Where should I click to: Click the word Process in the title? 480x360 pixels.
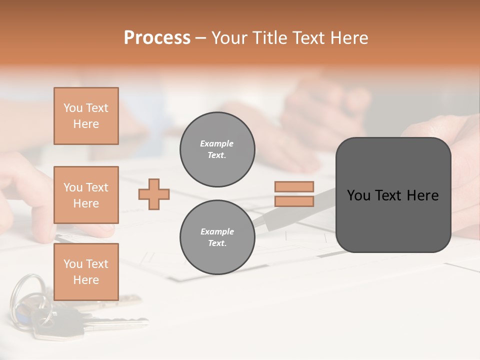pyautogui.click(x=157, y=38)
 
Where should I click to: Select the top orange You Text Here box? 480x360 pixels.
pyautogui.click(x=86, y=116)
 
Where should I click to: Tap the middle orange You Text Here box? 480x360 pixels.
pyautogui.click(x=86, y=195)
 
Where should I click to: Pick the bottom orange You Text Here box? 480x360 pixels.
pyautogui.click(x=86, y=271)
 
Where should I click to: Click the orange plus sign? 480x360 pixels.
pyautogui.click(x=154, y=194)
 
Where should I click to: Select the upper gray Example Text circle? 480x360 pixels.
pyautogui.click(x=217, y=149)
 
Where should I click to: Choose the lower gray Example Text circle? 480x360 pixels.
pyautogui.click(x=217, y=237)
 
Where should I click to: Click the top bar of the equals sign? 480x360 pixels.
pyautogui.click(x=294, y=186)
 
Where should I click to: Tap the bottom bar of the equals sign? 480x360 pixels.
pyautogui.click(x=294, y=201)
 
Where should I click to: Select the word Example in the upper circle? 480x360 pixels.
pyautogui.click(x=217, y=143)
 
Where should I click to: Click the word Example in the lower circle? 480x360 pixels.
pyautogui.click(x=217, y=231)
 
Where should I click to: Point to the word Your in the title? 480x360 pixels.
pyautogui.click(x=228, y=38)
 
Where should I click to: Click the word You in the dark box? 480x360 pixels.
pyautogui.click(x=358, y=195)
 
